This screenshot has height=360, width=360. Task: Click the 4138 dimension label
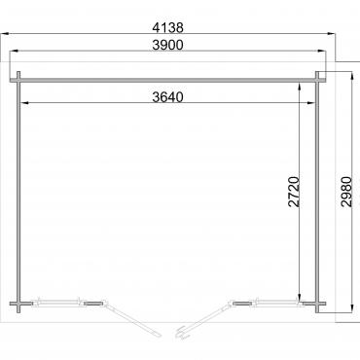coord(167,27)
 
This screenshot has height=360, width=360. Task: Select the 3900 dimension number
coord(167,45)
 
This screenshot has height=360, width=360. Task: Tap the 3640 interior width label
coord(167,97)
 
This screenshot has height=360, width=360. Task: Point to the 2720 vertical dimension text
coord(294,192)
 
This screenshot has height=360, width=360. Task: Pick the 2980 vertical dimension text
coord(346,192)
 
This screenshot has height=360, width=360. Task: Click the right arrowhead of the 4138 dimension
coord(331,33)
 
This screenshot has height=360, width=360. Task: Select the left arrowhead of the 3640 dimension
coord(25,103)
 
